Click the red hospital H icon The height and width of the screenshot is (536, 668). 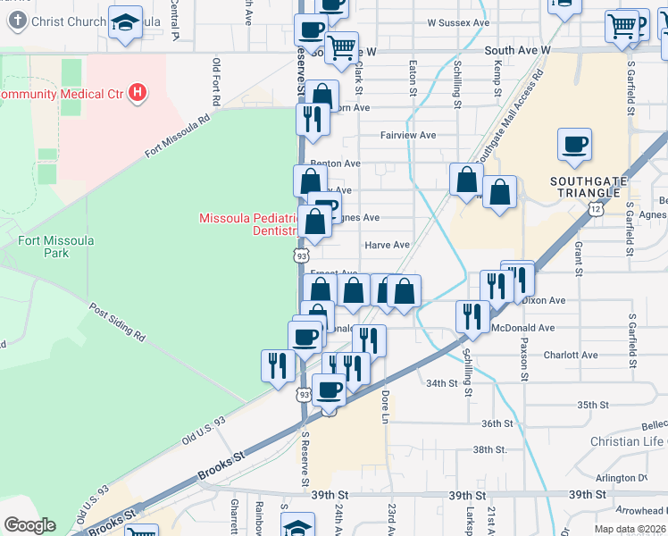coord(137,91)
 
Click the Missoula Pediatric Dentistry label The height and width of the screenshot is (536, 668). coord(248,224)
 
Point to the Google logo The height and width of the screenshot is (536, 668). coord(29,525)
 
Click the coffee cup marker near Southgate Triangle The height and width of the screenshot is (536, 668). coord(574,144)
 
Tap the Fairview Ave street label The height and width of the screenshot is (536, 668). coord(408,135)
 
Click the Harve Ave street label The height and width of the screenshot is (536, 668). coord(387,245)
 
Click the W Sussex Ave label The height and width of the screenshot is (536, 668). coord(459,22)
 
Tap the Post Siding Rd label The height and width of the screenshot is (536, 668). coord(117,322)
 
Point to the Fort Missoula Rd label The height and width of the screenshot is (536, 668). coord(179,136)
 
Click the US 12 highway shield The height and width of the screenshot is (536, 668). coord(595,208)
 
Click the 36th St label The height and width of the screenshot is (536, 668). coord(497,423)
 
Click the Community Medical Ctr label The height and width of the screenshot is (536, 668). coord(62,94)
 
